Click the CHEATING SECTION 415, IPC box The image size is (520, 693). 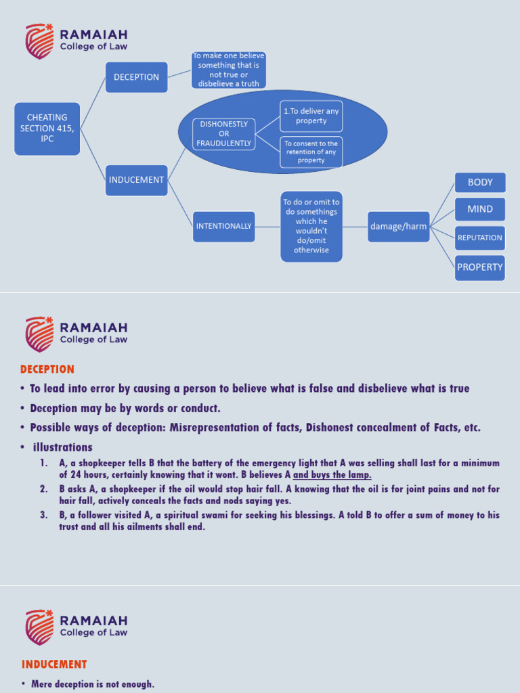(x=47, y=129)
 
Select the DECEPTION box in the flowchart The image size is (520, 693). (x=136, y=77)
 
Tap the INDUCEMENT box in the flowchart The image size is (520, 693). (x=136, y=180)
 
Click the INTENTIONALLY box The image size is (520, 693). (x=223, y=226)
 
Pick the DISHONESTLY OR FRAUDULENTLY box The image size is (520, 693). (x=223, y=134)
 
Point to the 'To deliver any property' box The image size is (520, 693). (x=311, y=116)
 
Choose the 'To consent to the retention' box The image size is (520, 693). (x=311, y=152)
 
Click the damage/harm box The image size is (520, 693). (x=398, y=226)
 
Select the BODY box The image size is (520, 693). (x=480, y=183)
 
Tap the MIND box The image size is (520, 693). (x=480, y=209)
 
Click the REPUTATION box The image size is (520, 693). (x=480, y=238)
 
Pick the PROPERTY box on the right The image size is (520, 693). (x=480, y=267)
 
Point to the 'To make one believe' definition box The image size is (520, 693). (x=229, y=70)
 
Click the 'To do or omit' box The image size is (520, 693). (x=311, y=226)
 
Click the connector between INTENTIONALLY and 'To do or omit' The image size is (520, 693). (x=267, y=226)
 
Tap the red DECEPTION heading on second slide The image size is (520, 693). (x=47, y=370)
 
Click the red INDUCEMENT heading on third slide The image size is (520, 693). (x=53, y=665)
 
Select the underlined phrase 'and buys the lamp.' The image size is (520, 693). (x=332, y=475)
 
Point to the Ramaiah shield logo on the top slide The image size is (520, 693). (x=39, y=41)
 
